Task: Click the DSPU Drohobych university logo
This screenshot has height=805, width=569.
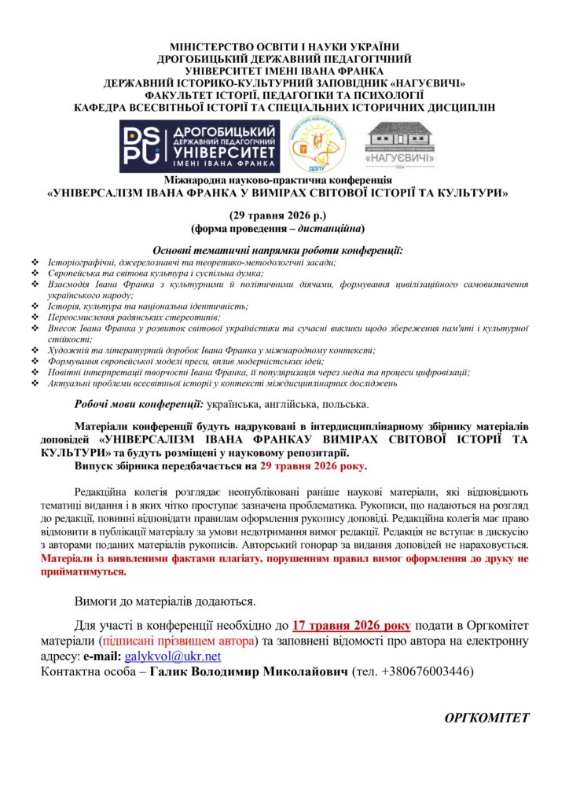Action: click(198, 147)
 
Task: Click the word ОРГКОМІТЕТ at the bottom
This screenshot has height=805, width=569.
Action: click(487, 718)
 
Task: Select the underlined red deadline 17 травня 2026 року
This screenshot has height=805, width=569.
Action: click(351, 626)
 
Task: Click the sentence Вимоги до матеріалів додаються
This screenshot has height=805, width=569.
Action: click(164, 601)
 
